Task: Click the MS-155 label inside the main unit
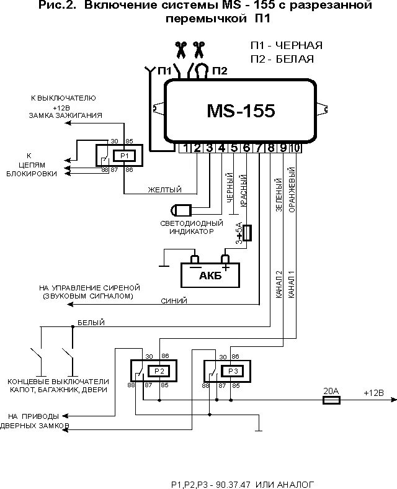tap(241, 110)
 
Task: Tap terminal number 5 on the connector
tap(234, 148)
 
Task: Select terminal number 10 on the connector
tap(295, 148)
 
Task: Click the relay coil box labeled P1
tap(125, 156)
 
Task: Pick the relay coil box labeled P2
tap(159, 371)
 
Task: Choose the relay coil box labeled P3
tap(233, 371)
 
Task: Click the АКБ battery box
tap(210, 275)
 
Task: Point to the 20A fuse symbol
tap(331, 400)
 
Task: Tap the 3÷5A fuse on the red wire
tap(247, 233)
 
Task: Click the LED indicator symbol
tap(181, 210)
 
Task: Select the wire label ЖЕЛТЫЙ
tap(164, 190)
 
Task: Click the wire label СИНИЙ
tap(174, 301)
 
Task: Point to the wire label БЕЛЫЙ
tap(91, 323)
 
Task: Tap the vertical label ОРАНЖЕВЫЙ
tap(292, 190)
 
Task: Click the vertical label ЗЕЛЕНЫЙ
tap(279, 195)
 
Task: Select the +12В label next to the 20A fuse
tap(373, 393)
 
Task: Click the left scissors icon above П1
tap(180, 50)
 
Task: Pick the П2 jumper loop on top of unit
tap(202, 70)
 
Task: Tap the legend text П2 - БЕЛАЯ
tap(282, 59)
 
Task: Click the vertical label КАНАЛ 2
tap(279, 284)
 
